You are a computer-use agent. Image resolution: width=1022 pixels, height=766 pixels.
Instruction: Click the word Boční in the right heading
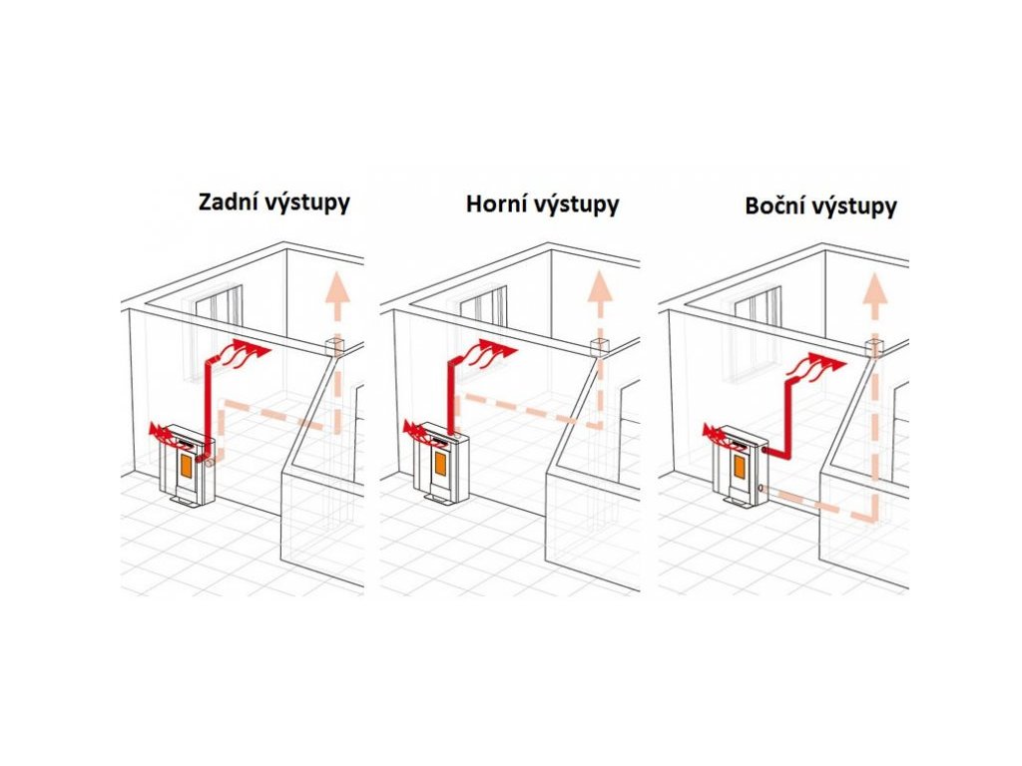774,206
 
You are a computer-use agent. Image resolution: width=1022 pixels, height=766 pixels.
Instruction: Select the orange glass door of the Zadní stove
187,464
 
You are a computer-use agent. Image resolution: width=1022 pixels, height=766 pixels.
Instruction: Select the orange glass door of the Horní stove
441,463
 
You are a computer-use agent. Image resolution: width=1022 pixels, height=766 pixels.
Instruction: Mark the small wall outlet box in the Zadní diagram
333,348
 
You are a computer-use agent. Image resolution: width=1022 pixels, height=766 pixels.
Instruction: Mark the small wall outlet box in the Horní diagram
599,349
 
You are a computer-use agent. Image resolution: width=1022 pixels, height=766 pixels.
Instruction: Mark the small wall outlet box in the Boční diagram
874,349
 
